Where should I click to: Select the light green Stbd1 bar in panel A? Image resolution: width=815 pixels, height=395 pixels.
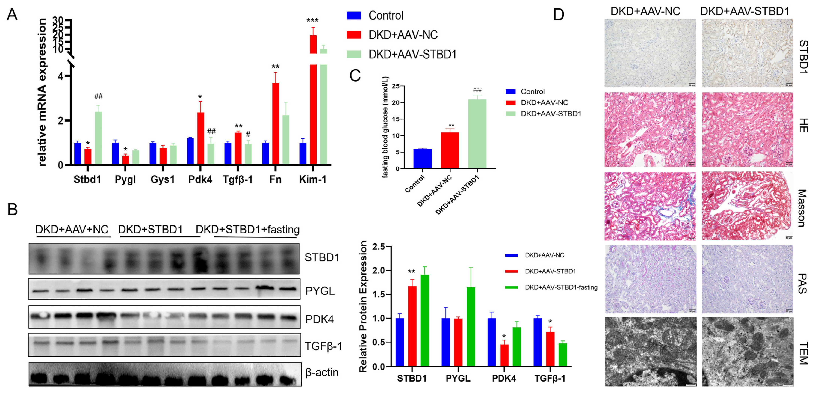point(98,138)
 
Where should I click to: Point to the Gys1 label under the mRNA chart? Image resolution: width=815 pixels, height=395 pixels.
point(162,180)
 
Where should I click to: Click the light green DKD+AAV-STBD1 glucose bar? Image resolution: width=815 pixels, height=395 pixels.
point(477,134)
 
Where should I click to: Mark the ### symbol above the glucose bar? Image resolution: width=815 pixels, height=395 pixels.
point(477,90)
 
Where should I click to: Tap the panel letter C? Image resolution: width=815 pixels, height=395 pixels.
point(355,76)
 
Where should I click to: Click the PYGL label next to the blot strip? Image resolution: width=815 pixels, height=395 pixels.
point(320,291)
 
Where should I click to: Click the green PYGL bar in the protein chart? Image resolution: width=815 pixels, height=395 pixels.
point(471,327)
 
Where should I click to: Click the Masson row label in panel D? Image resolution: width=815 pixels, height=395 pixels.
point(802,208)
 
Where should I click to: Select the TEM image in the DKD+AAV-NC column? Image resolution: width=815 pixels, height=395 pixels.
point(651,352)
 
